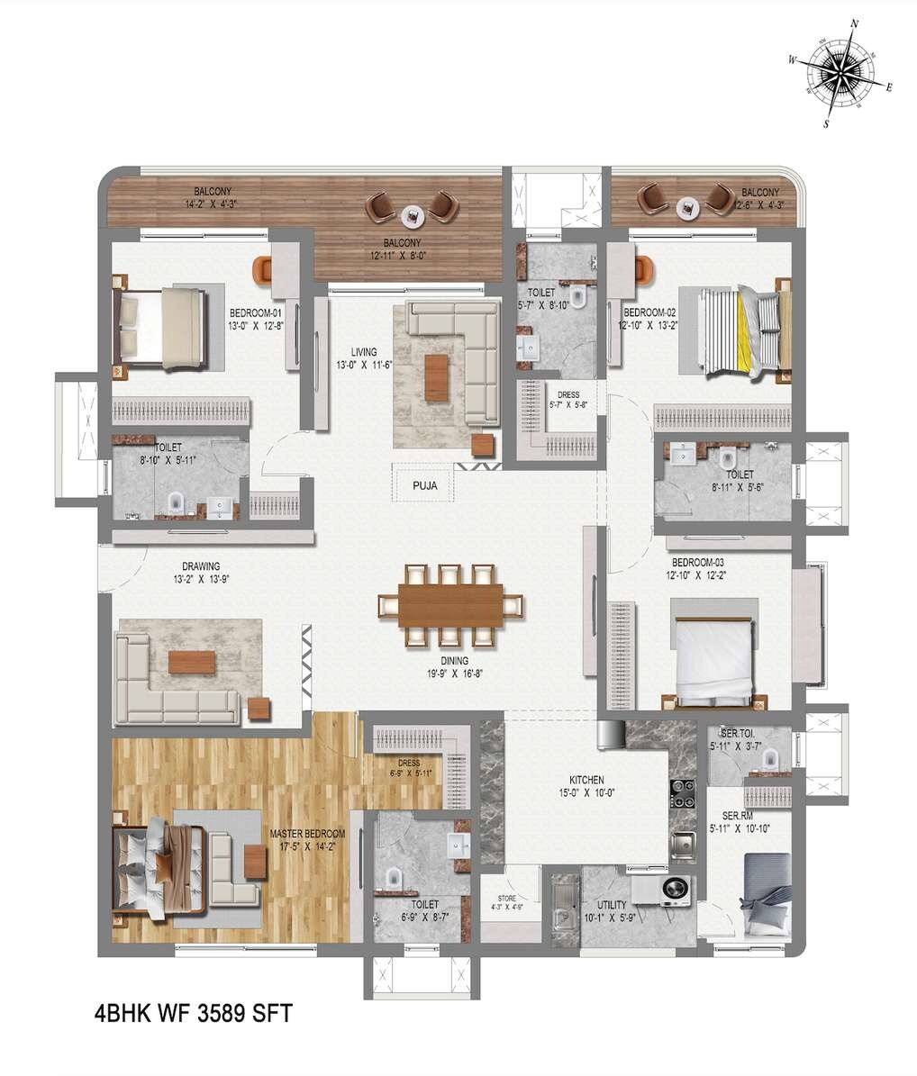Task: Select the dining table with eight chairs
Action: pyautogui.click(x=450, y=605)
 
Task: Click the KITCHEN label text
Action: pyautogui.click(x=586, y=780)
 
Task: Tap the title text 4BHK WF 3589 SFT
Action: pyautogui.click(x=193, y=1013)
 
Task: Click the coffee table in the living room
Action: pyautogui.click(x=436, y=377)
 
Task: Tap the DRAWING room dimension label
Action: pyautogui.click(x=201, y=573)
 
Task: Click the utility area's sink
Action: pyautogui.click(x=565, y=903)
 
